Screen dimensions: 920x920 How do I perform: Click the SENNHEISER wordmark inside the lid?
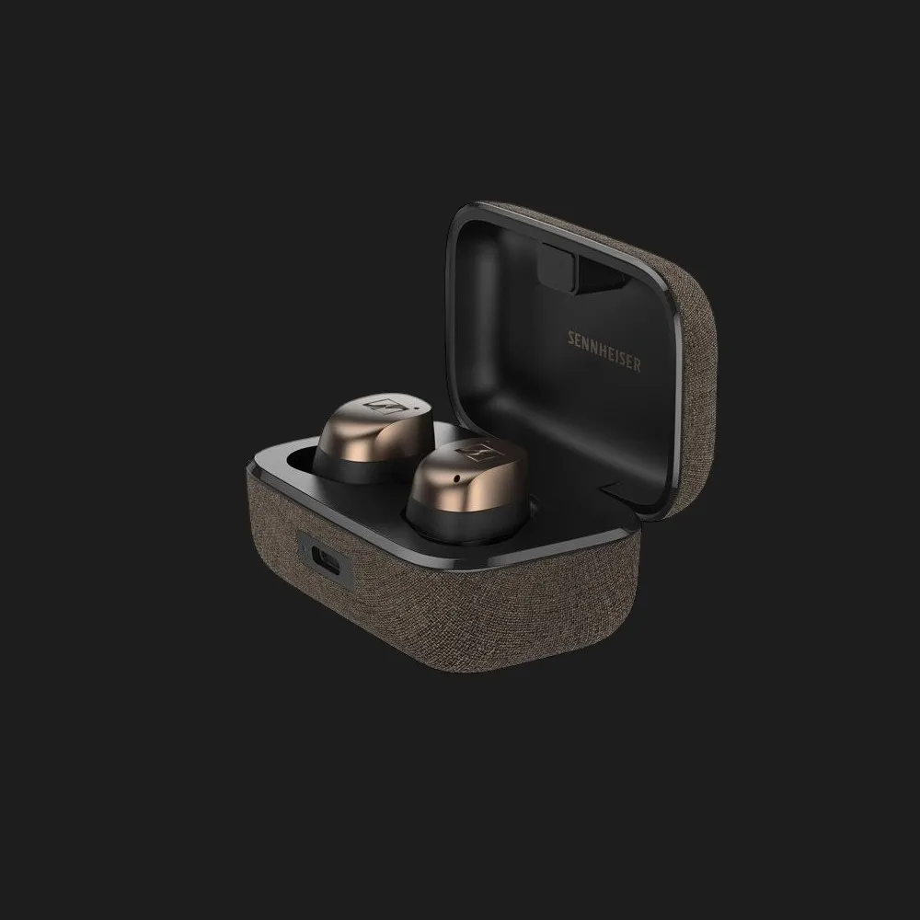(604, 351)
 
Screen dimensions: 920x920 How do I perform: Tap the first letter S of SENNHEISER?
(571, 339)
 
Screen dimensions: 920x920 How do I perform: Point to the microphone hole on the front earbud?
(457, 479)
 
